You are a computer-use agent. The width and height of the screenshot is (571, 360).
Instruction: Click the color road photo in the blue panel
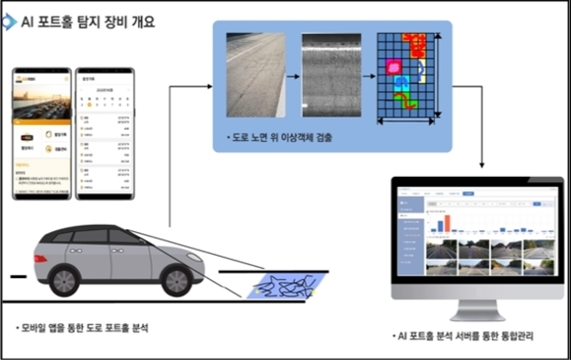pos(255,75)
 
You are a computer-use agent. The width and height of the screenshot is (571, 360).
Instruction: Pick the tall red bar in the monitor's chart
pos(440,223)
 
